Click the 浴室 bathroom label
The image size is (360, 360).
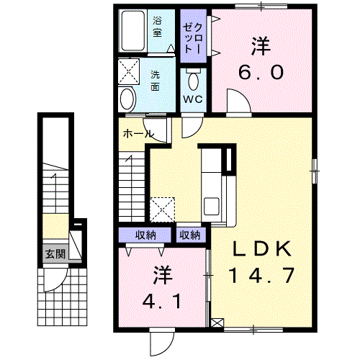click(157, 27)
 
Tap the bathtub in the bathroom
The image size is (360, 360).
click(132, 31)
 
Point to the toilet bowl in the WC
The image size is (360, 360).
click(194, 81)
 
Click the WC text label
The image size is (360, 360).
click(193, 99)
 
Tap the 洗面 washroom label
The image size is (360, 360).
click(155, 81)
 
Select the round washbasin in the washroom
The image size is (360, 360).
click(127, 99)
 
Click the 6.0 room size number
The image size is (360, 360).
click(261, 72)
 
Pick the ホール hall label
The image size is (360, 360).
click(138, 134)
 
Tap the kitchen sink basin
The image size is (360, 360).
click(211, 206)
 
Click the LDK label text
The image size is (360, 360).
click(261, 249)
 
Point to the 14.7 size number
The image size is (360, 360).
click(261, 275)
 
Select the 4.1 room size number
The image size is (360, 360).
click(162, 301)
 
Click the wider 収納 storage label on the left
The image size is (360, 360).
click(145, 235)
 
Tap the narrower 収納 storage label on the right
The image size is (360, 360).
click(190, 235)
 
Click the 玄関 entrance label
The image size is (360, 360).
click(55, 253)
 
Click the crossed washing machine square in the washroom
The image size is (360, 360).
click(129, 71)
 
